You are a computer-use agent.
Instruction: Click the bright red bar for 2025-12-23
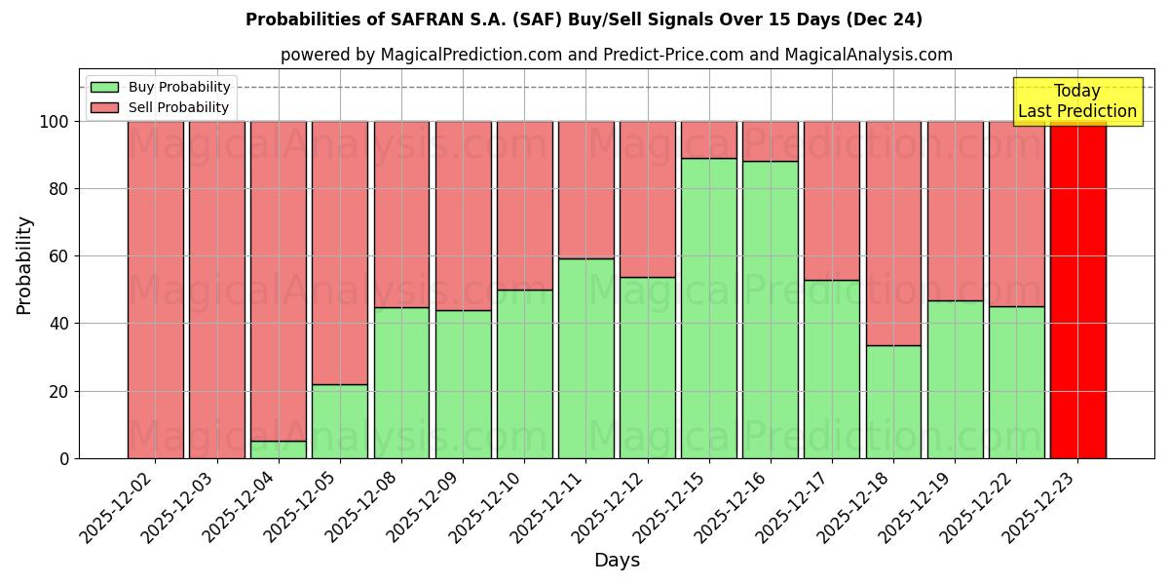[1077, 290]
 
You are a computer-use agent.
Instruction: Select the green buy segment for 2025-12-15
[708, 308]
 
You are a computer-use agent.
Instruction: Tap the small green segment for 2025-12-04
[278, 449]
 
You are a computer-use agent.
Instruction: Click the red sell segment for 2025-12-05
[340, 253]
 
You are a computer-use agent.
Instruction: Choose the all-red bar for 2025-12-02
[155, 290]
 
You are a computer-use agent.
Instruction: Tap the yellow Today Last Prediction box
[1077, 101]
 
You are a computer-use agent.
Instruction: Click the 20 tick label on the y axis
[58, 391]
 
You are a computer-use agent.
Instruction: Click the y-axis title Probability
[24, 265]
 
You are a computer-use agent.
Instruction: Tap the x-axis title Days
[617, 561]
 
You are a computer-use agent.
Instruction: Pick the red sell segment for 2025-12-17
[832, 200]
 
